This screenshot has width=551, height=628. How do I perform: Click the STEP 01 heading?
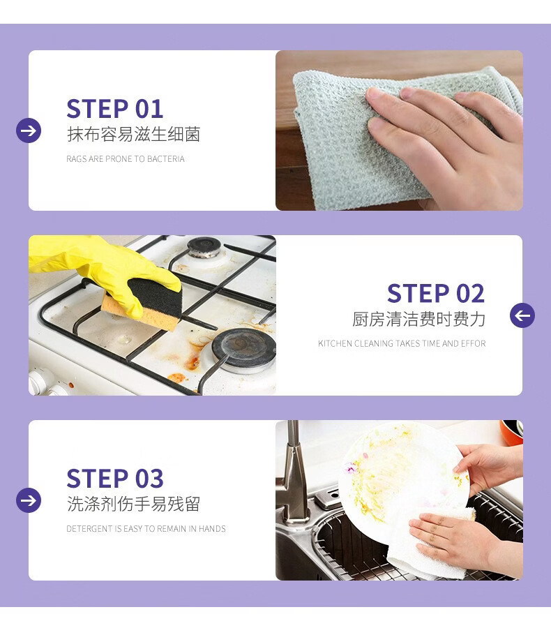115,109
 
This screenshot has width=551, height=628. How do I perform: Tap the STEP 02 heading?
436,293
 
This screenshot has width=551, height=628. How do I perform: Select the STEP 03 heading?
115,478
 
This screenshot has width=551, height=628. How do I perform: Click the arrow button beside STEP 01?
29,130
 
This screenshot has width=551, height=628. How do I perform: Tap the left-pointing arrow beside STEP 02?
522,315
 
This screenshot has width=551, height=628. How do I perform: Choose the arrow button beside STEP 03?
29,500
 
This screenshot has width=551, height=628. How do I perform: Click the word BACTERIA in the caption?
166,159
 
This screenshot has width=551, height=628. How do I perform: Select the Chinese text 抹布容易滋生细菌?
133,134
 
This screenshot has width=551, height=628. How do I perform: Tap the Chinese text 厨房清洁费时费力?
418,319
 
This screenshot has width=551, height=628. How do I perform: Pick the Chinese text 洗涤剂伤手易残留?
133,504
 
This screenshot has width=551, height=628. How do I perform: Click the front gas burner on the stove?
244,350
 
